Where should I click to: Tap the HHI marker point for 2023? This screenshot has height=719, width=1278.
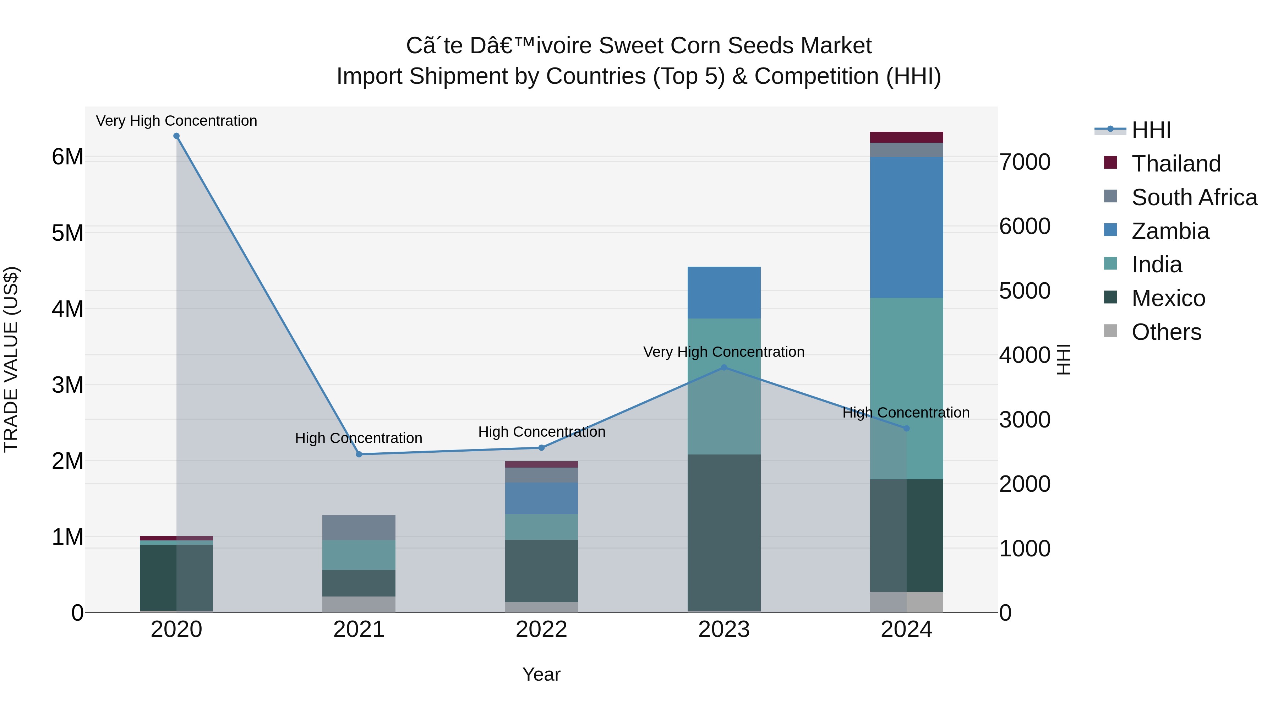pyautogui.click(x=724, y=368)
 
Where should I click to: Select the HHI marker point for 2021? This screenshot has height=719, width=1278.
pyautogui.click(x=359, y=454)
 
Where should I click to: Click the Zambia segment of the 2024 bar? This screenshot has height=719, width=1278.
pyautogui.click(x=906, y=227)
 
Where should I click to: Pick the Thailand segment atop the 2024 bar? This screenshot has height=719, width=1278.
pyautogui.click(x=906, y=137)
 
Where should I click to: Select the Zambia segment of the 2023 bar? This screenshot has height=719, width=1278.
pyautogui.click(x=724, y=293)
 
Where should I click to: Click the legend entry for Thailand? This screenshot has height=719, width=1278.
pyautogui.click(x=1176, y=164)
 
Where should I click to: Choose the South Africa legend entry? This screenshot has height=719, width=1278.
pyautogui.click(x=1194, y=197)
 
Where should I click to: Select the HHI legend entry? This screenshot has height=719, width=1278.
pyautogui.click(x=1151, y=130)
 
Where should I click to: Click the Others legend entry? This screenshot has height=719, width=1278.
pyautogui.click(x=1166, y=332)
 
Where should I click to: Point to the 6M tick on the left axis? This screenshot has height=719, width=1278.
pyautogui.click(x=67, y=157)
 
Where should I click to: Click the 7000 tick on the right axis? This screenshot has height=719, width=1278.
pyautogui.click(x=1025, y=162)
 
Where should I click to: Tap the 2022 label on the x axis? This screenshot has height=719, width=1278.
pyautogui.click(x=541, y=630)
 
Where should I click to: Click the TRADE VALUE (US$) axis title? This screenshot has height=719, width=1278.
pyautogui.click(x=11, y=359)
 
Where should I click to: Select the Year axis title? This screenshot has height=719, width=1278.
pyautogui.click(x=541, y=674)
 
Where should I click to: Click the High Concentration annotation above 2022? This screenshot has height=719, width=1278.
pyautogui.click(x=542, y=432)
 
